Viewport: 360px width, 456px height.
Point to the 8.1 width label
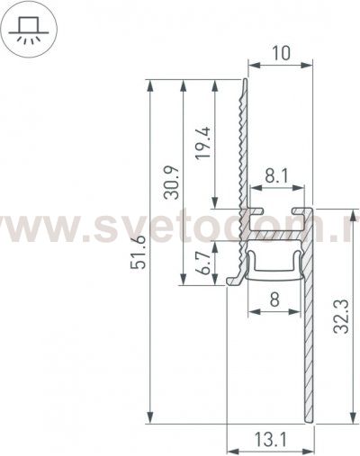point(276,180)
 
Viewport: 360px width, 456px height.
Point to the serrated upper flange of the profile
point(242,144)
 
